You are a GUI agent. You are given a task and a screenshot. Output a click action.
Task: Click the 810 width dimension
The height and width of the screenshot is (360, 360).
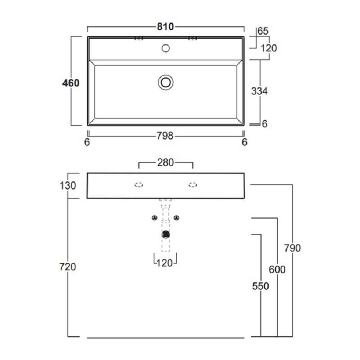165,27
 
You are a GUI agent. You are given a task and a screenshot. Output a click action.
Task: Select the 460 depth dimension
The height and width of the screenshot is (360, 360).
71,83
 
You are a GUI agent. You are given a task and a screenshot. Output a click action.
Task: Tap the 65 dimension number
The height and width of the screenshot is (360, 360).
263,31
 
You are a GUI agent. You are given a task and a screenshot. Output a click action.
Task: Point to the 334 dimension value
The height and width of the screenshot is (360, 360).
259,91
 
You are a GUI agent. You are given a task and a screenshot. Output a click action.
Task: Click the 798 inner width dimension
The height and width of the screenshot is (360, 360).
165,136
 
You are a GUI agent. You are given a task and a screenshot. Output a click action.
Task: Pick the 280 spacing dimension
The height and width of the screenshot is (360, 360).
165,162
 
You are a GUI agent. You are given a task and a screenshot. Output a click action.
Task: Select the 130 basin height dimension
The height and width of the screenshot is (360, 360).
68,185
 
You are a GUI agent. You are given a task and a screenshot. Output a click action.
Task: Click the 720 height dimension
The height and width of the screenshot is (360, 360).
67,267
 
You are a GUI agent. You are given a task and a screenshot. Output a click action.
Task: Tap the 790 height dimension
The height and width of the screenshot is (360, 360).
292,248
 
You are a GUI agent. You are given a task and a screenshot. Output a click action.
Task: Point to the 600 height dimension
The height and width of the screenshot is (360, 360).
277,269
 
